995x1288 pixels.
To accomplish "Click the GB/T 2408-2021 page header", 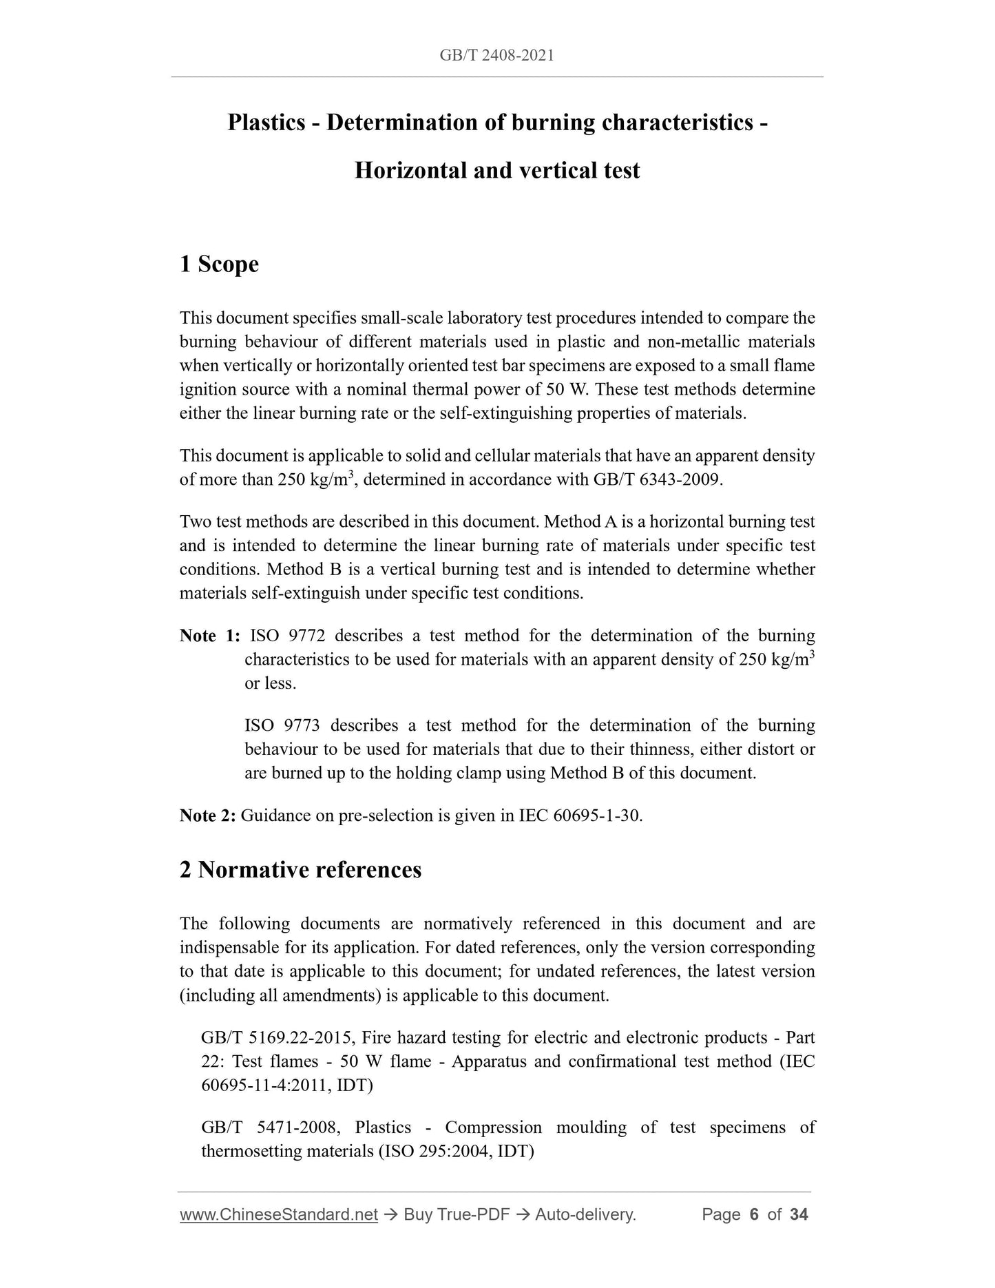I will (x=496, y=55).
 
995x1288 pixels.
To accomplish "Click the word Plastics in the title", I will (x=266, y=123).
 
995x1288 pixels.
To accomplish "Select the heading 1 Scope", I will (x=219, y=264).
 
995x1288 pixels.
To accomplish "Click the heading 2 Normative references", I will (x=300, y=870).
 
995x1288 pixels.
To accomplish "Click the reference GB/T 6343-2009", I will (x=657, y=479).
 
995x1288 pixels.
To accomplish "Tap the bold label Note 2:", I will (x=208, y=816).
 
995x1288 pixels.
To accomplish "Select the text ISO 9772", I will (x=287, y=636).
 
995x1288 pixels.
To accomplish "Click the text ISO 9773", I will (x=282, y=726).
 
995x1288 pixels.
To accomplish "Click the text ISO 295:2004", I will (x=435, y=1152).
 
